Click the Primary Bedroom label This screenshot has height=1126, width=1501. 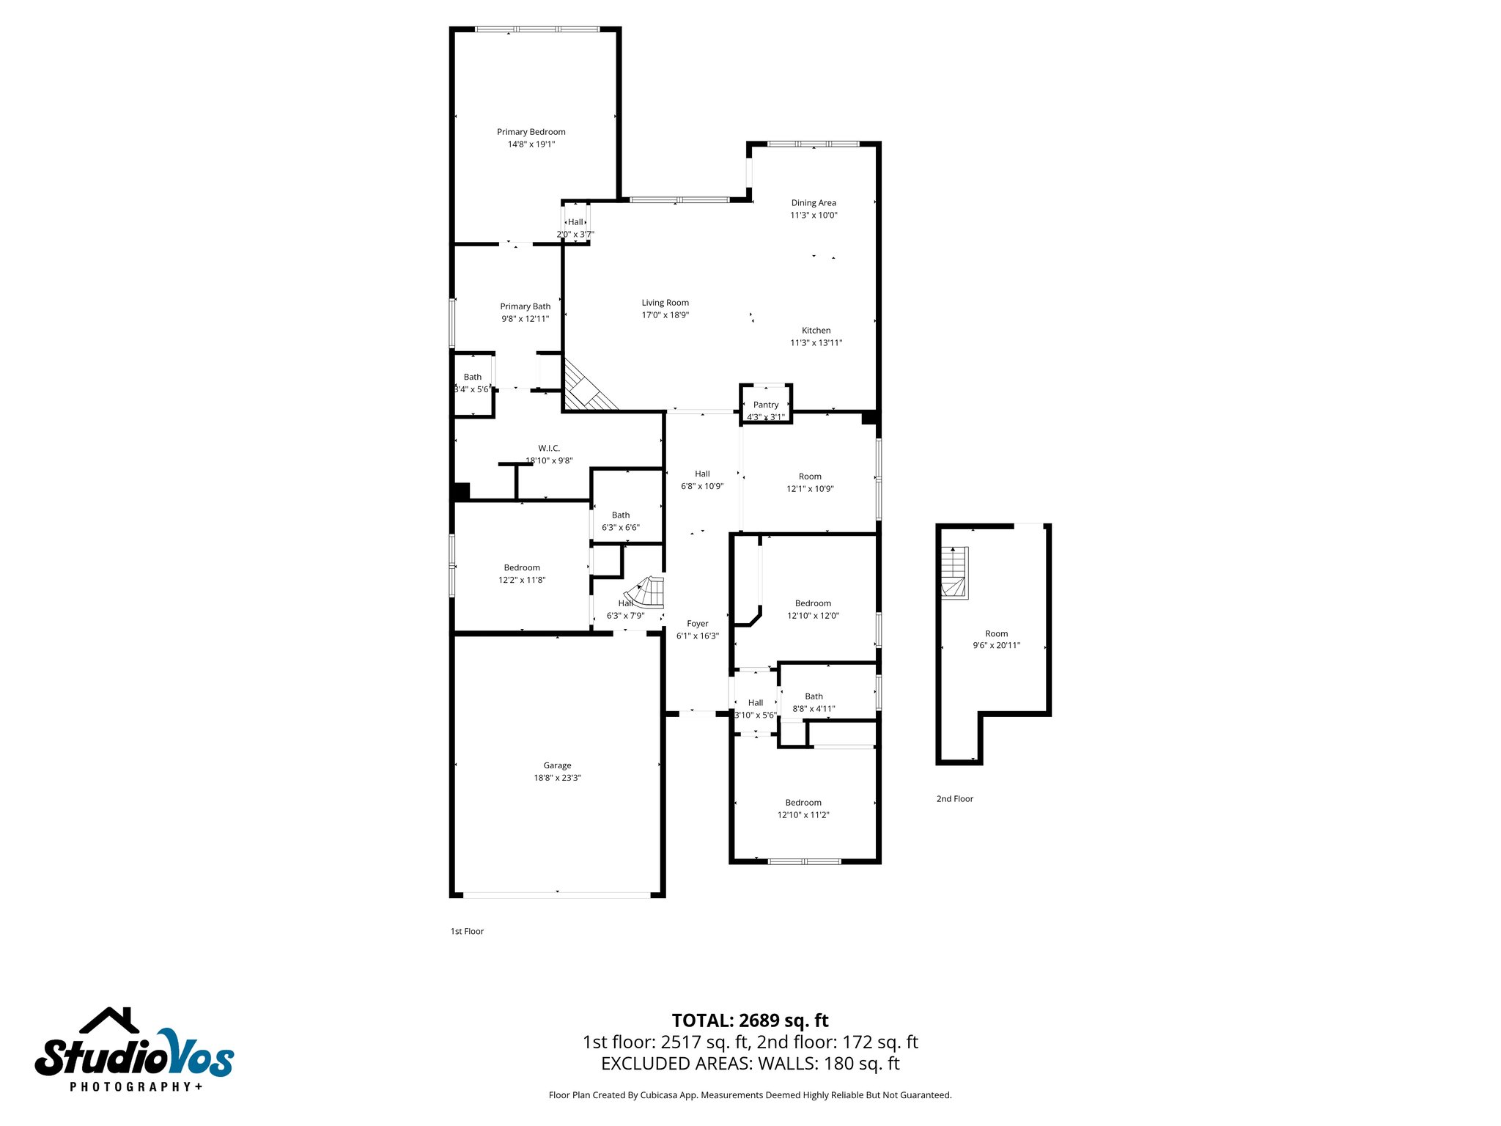point(531,132)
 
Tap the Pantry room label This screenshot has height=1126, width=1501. point(766,405)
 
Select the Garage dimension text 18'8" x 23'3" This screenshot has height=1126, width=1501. point(557,778)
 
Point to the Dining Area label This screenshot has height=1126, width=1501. point(814,203)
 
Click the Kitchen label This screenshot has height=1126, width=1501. point(816,331)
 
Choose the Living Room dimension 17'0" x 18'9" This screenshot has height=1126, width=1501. point(665,315)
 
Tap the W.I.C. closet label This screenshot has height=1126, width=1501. point(549,448)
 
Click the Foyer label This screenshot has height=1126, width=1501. point(697,624)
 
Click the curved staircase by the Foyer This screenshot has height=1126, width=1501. point(646,592)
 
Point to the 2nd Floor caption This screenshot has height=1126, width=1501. point(954,799)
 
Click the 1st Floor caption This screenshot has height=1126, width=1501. point(467,931)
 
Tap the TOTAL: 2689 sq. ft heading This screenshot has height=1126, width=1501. point(750,1020)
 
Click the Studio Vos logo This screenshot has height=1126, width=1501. point(134,1048)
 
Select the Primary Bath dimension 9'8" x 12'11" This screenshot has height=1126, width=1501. point(525,319)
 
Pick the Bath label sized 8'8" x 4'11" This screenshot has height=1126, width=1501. point(814,696)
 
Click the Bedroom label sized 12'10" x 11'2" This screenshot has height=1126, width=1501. point(803,803)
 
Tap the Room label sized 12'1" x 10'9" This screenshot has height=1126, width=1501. point(810,476)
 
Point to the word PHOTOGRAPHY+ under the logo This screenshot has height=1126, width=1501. point(136,1086)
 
